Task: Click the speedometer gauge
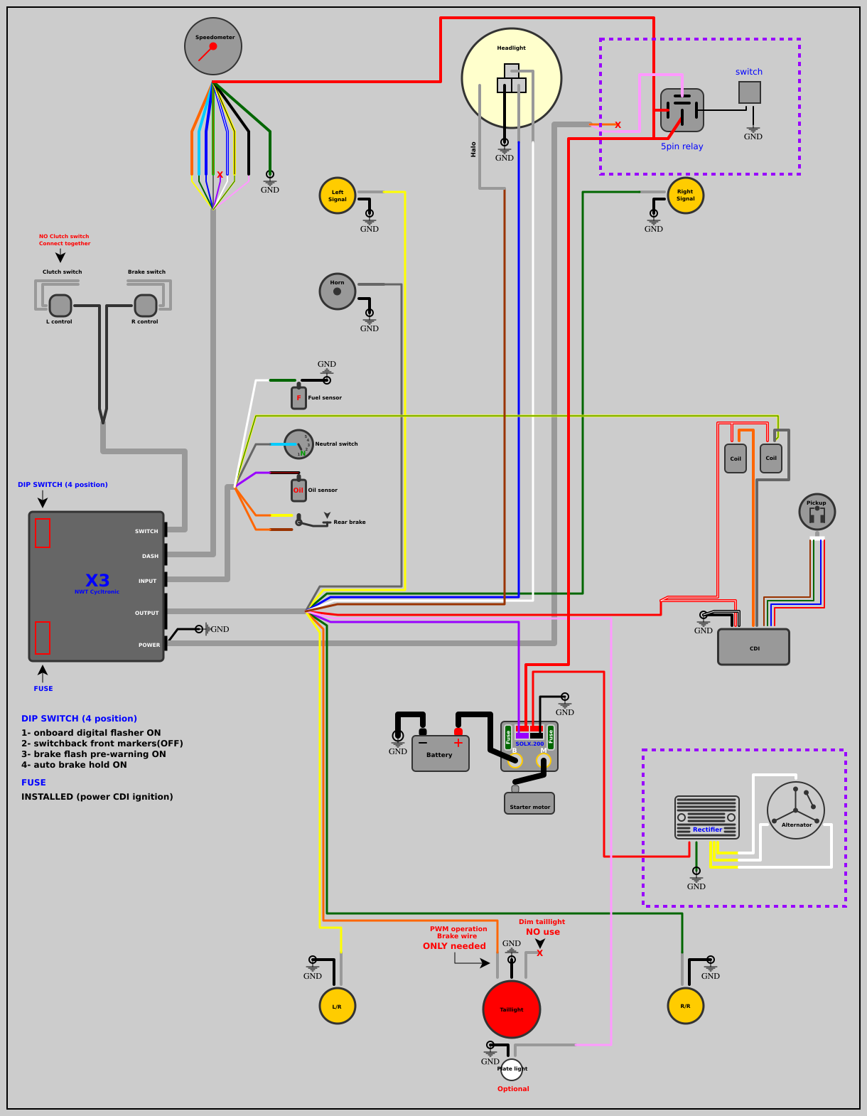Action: click(x=213, y=46)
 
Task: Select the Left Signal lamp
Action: click(x=338, y=195)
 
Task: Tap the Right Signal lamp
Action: click(x=686, y=195)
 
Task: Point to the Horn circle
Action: click(x=338, y=291)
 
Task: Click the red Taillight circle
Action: click(x=512, y=1009)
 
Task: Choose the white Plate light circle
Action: click(x=512, y=1069)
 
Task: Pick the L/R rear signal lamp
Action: click(x=338, y=1006)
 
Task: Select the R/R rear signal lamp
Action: click(x=686, y=1006)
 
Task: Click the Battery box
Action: click(x=441, y=753)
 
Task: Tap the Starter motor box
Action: click(x=529, y=804)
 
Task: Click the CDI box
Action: click(x=753, y=647)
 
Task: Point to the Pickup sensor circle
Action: click(x=817, y=511)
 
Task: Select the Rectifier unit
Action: click(x=707, y=817)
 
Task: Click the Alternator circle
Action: click(x=796, y=810)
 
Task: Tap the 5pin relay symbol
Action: click(x=682, y=110)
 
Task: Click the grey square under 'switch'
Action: click(x=750, y=92)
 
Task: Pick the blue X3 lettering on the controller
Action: click(x=97, y=580)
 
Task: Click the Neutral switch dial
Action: click(x=298, y=444)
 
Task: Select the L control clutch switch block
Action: click(x=60, y=306)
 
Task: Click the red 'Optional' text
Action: click(x=513, y=1089)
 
